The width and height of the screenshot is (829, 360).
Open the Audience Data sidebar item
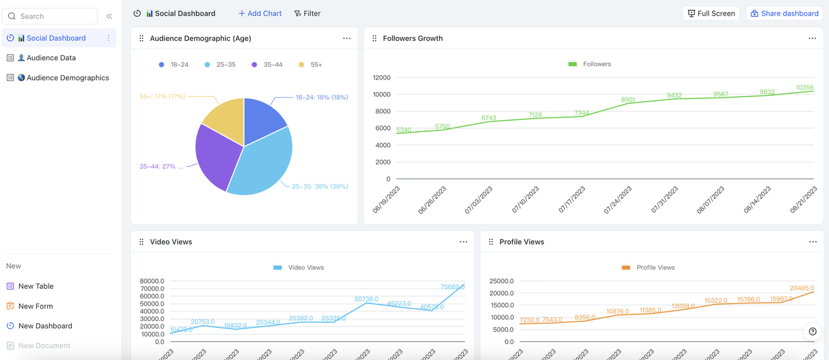(x=51, y=58)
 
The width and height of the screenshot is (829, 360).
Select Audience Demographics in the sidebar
(x=67, y=78)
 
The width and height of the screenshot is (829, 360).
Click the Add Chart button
(x=260, y=13)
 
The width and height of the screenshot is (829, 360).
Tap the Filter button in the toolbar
(x=307, y=13)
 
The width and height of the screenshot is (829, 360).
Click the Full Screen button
(x=710, y=13)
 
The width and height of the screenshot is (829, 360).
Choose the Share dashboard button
(x=784, y=13)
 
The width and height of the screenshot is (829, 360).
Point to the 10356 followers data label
(x=804, y=87)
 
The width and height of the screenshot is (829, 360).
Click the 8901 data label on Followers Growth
(x=628, y=100)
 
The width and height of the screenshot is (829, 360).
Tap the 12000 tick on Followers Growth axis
(x=381, y=78)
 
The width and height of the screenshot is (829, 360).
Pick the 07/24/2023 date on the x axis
(x=618, y=200)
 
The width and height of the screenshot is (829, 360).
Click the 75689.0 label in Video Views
(x=452, y=287)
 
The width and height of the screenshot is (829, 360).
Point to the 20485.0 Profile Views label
(x=802, y=288)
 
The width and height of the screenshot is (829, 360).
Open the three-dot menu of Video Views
(x=463, y=242)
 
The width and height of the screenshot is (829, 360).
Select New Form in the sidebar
(x=36, y=306)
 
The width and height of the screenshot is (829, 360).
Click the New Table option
(x=36, y=286)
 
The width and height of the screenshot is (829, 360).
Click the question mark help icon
(x=813, y=332)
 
